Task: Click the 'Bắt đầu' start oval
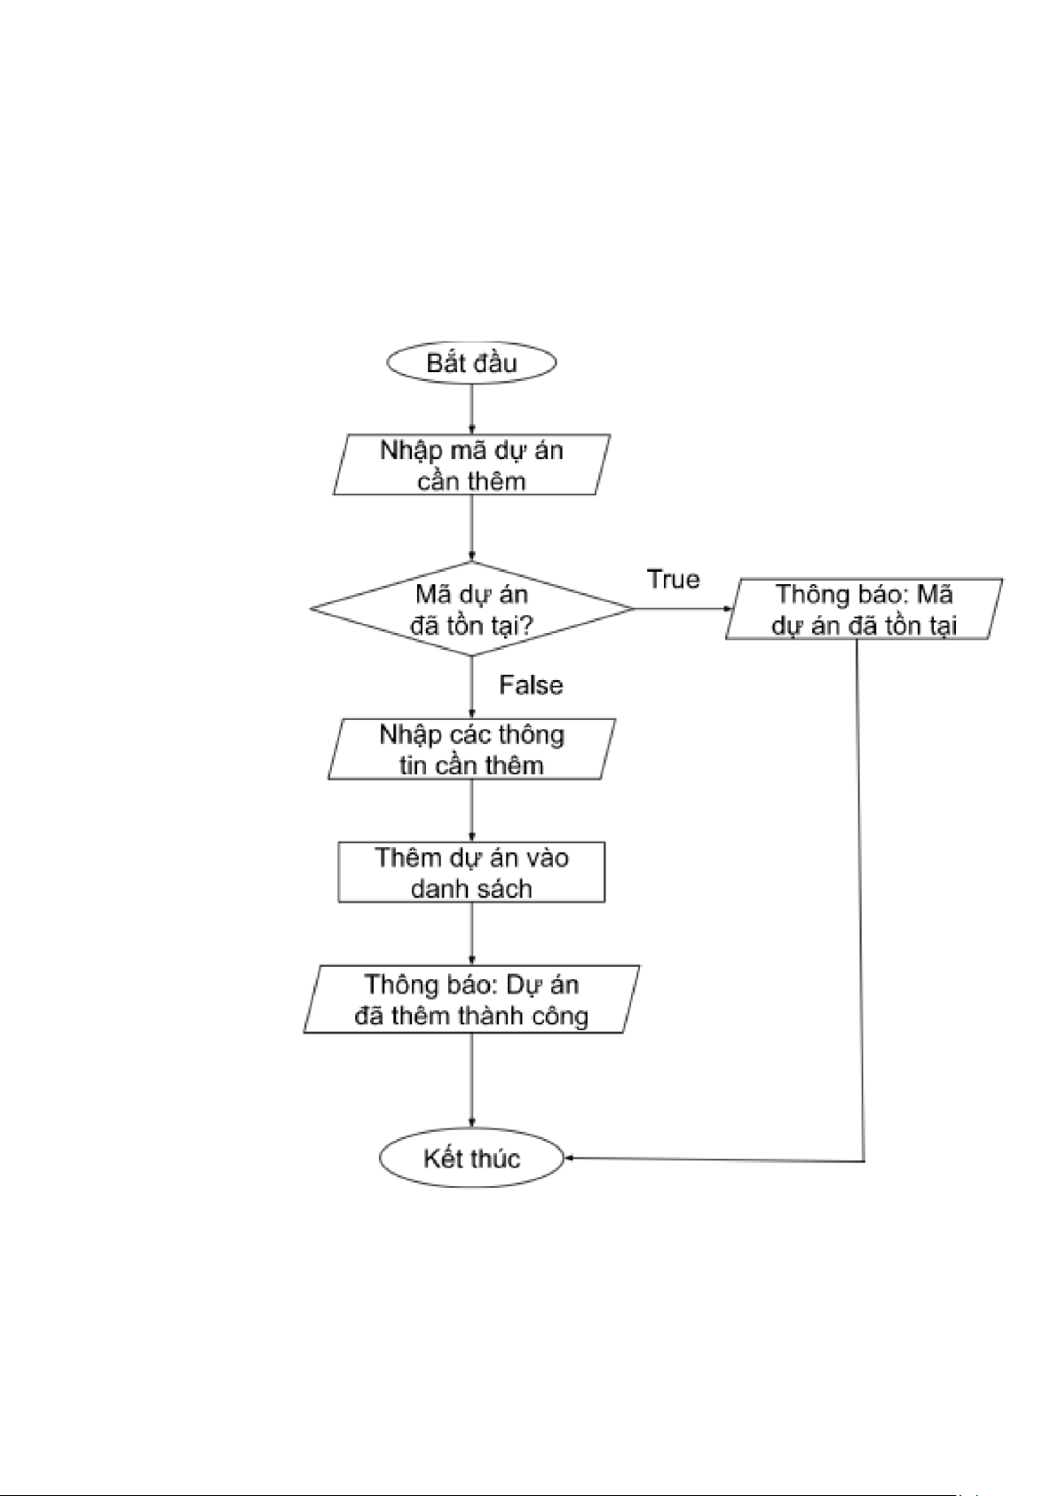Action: coord(471,362)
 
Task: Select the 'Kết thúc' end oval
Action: coord(471,1158)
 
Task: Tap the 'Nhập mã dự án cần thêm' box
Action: coord(471,464)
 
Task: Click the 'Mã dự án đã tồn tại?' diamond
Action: coord(471,609)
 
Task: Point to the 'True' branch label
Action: coord(673,579)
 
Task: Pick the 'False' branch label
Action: coord(531,685)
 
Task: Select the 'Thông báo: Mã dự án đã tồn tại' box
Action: coord(864,609)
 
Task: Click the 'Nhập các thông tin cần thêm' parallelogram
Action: coord(471,749)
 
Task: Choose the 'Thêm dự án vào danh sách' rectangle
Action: coord(471,872)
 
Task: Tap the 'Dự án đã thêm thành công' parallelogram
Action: coord(471,1000)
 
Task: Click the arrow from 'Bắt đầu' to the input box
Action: coord(471,408)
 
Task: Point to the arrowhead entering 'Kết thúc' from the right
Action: coord(570,1158)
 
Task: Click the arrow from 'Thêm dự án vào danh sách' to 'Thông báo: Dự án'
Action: coord(471,934)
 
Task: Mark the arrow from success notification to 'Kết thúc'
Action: coord(471,1080)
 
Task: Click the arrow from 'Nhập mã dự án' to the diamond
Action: coord(471,527)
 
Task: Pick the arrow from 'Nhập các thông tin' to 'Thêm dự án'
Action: coord(471,811)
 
